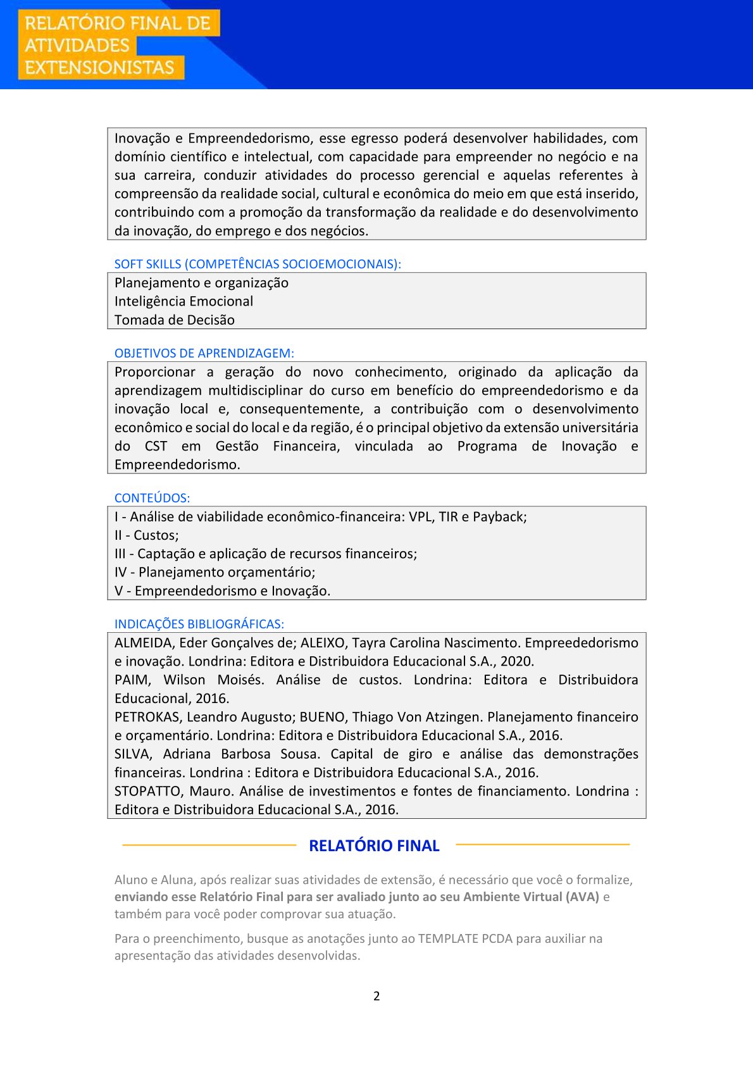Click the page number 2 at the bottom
(376, 996)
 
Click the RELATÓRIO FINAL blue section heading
(374, 846)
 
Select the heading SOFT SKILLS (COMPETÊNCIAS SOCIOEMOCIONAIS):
(258, 264)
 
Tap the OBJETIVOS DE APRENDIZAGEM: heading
(204, 353)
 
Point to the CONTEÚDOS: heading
(152, 498)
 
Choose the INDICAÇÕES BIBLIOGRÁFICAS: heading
(199, 624)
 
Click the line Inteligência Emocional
(184, 301)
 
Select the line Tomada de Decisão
(175, 320)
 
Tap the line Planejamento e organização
(201, 283)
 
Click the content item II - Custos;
(147, 535)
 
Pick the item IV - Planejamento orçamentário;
(215, 572)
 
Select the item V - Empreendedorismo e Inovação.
(222, 591)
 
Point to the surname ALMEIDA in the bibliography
(144, 643)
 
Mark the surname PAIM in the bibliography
(132, 680)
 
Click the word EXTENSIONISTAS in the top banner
(99, 68)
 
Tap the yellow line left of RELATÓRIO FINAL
(209, 845)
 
